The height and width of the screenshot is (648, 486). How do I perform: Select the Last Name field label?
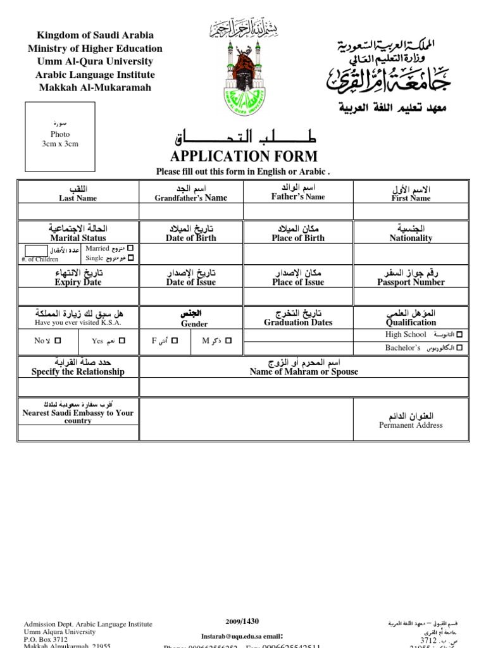coord(78,198)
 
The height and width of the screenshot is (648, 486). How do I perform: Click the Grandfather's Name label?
coord(191,198)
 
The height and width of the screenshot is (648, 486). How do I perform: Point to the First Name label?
coord(411,198)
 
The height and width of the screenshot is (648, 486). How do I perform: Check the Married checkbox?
coord(130,248)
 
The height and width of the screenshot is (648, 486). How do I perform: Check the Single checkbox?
coord(130,258)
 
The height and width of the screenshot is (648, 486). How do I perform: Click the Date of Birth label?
coord(191,239)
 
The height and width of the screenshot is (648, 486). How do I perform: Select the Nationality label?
coord(411,239)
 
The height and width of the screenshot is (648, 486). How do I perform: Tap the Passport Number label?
coord(411,282)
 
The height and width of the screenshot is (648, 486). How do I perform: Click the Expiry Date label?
coord(78,282)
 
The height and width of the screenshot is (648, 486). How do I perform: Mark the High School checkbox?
coord(459,334)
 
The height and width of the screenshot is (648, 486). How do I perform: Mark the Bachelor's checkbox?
coord(459,348)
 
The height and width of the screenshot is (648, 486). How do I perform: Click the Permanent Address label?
coord(411,425)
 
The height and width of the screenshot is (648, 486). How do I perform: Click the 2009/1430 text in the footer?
coord(242,621)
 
